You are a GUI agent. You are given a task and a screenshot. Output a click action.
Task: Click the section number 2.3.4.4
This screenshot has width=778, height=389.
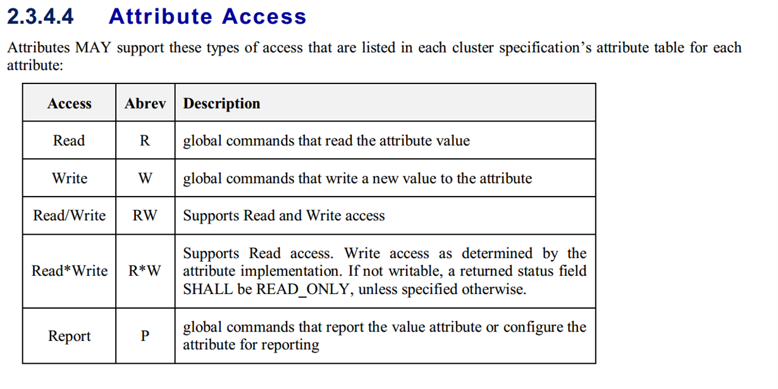click(40, 16)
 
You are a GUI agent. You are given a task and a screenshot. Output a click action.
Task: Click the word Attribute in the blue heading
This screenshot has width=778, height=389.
click(160, 16)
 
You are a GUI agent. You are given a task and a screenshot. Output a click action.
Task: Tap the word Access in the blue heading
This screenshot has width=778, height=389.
click(264, 16)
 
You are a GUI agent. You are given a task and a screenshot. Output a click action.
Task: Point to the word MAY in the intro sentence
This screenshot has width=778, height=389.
click(93, 47)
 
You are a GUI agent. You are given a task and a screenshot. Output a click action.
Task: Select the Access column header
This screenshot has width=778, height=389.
click(70, 103)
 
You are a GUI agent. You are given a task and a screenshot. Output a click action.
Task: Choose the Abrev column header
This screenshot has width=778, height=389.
click(145, 103)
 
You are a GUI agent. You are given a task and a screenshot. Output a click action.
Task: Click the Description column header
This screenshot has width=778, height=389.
click(221, 104)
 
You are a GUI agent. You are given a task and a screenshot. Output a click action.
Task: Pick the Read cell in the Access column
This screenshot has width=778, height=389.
click(69, 140)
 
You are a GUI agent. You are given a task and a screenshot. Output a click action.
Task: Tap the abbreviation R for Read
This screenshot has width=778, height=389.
click(145, 140)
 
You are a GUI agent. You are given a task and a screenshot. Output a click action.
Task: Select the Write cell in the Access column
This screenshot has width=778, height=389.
click(70, 178)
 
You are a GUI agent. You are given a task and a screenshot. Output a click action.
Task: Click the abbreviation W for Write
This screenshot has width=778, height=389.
click(145, 178)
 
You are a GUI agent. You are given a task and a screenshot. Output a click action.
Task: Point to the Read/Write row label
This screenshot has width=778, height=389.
click(70, 215)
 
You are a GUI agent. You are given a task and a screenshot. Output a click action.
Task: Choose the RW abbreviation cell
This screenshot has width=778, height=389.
click(145, 215)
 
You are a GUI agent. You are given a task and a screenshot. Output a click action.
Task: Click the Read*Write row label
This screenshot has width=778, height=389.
click(70, 271)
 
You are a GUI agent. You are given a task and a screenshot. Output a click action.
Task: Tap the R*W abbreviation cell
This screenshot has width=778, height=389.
click(144, 271)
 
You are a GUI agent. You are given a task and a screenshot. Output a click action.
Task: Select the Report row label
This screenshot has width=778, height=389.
click(69, 337)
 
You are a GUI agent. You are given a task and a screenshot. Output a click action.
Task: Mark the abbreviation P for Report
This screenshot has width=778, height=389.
click(145, 336)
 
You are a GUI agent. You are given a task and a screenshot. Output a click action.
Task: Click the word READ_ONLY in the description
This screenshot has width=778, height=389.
click(302, 289)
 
